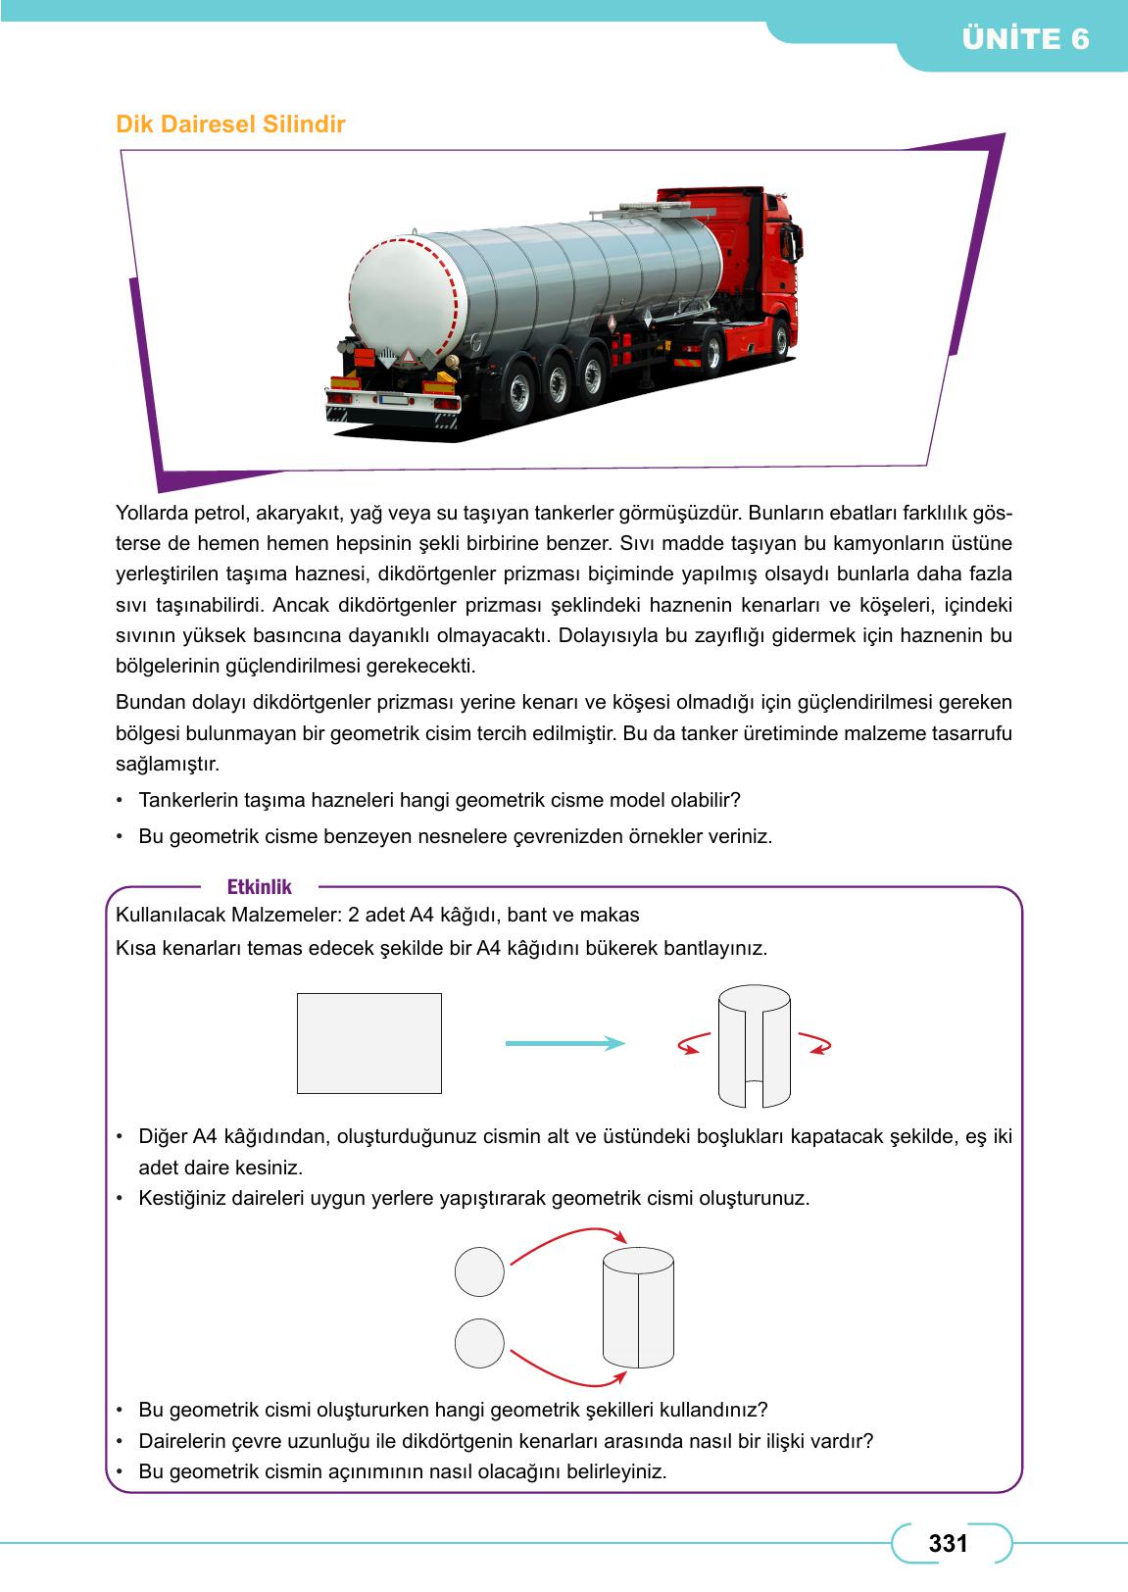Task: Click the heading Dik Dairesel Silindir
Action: (230, 125)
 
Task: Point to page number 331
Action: (948, 1543)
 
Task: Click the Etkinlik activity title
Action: (259, 887)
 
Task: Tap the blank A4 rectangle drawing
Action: (368, 1043)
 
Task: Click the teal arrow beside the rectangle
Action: (564, 1043)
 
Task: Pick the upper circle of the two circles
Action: (479, 1271)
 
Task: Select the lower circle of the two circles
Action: (479, 1343)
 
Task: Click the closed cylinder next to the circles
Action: (638, 1307)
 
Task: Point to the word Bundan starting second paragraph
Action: (147, 702)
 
